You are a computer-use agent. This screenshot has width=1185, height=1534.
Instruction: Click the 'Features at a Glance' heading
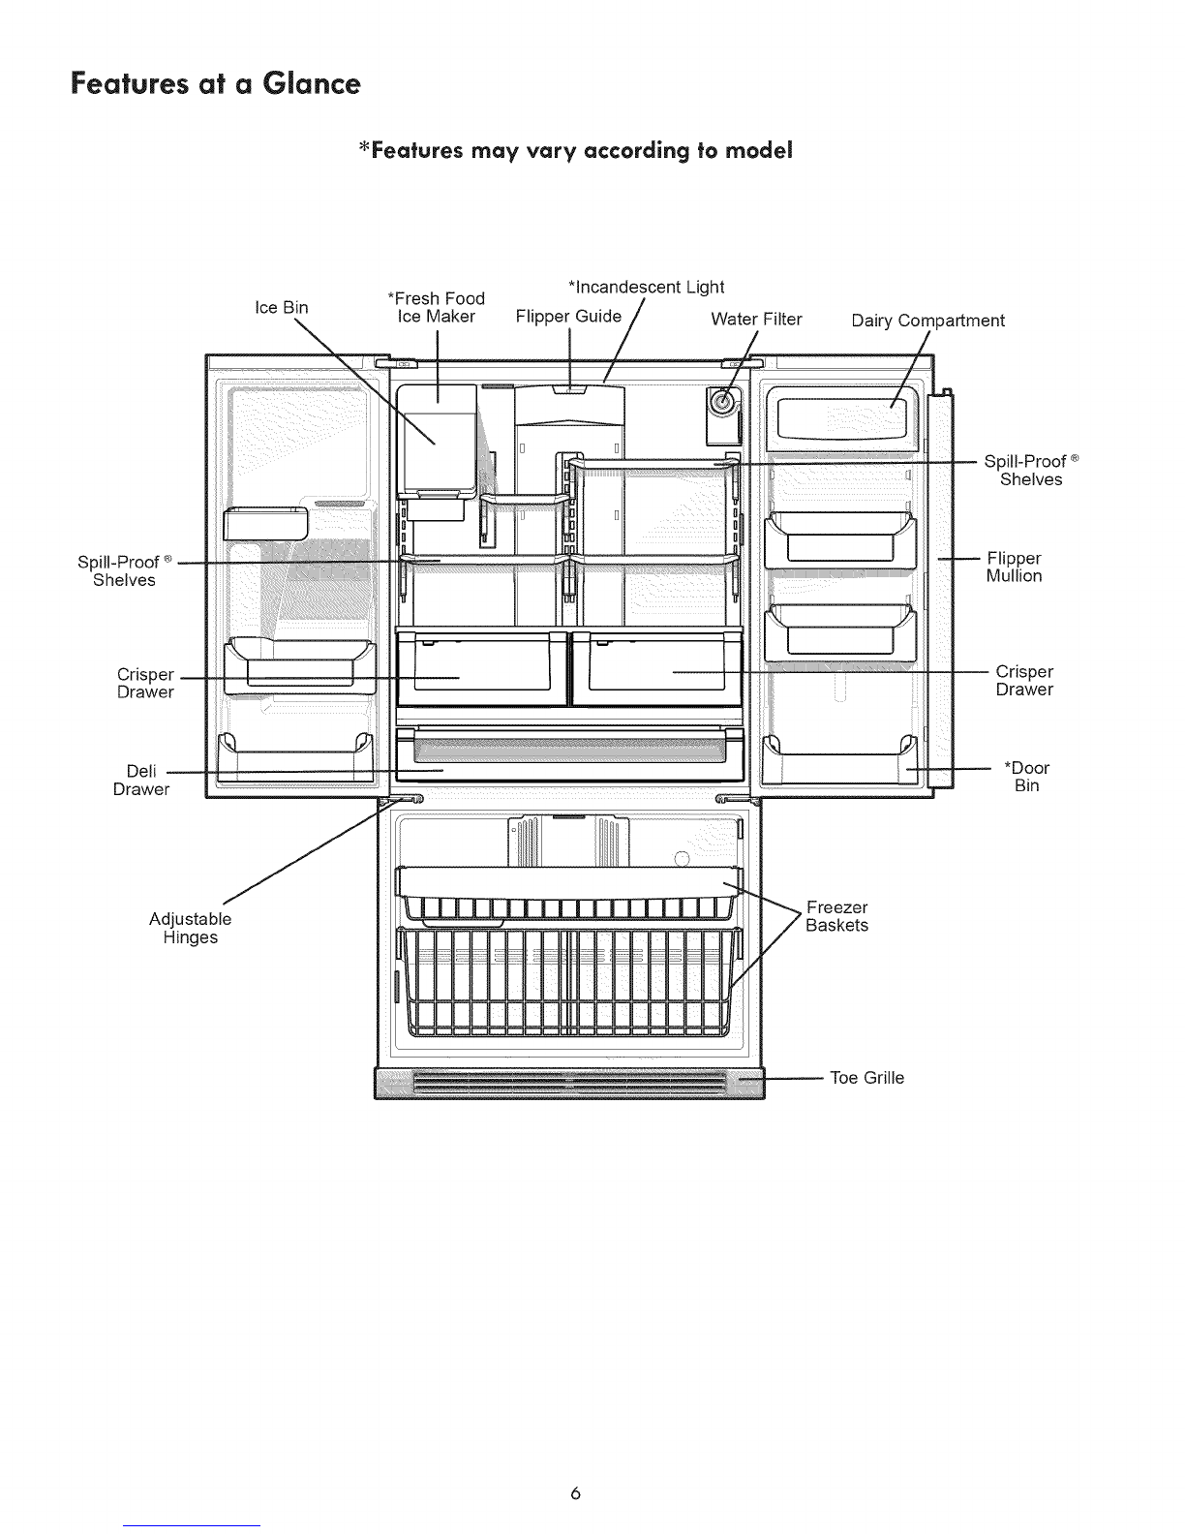point(216,83)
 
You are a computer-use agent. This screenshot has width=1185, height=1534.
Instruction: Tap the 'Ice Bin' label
point(282,307)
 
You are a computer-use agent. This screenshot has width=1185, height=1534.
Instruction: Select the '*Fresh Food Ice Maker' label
point(437,307)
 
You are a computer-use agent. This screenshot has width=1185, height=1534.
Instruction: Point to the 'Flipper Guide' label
point(568,317)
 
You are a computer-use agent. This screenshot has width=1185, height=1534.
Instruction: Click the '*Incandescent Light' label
point(647,288)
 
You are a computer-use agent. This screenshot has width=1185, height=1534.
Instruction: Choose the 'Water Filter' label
point(756,319)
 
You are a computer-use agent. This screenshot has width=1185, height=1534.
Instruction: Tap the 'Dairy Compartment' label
point(927,321)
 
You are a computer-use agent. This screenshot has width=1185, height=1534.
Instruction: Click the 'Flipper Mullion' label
point(1014,567)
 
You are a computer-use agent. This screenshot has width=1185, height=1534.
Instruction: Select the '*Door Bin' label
point(1026,777)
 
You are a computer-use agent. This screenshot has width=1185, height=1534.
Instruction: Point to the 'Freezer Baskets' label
point(837,916)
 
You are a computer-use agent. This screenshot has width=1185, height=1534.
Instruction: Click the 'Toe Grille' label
point(866,1078)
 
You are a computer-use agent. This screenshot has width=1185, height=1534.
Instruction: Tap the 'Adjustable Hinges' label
point(190,929)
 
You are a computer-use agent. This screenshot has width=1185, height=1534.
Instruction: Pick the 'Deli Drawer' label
point(141,780)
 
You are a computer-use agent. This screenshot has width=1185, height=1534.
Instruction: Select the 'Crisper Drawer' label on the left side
point(145,684)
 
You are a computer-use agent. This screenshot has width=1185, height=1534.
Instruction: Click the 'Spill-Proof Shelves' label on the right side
point(1031,470)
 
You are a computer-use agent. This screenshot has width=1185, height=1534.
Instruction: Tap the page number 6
point(575,1493)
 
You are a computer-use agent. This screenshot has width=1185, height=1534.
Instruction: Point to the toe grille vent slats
point(569,1082)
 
